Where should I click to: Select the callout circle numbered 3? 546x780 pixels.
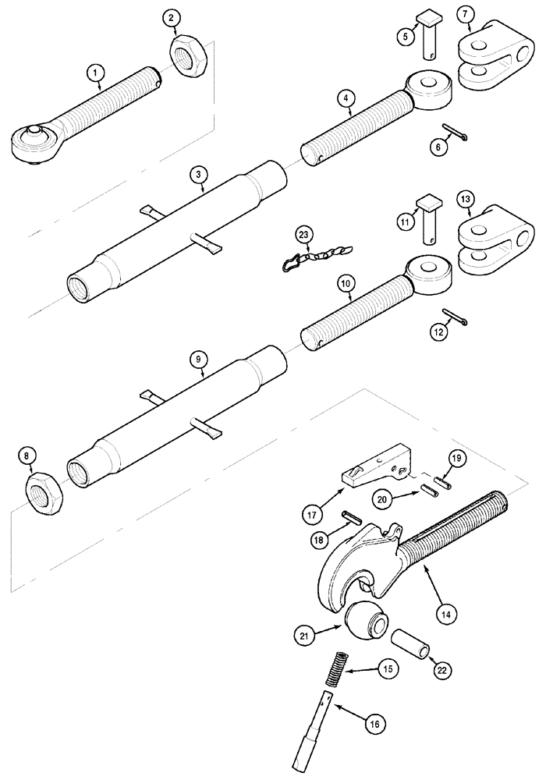click(x=200, y=176)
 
